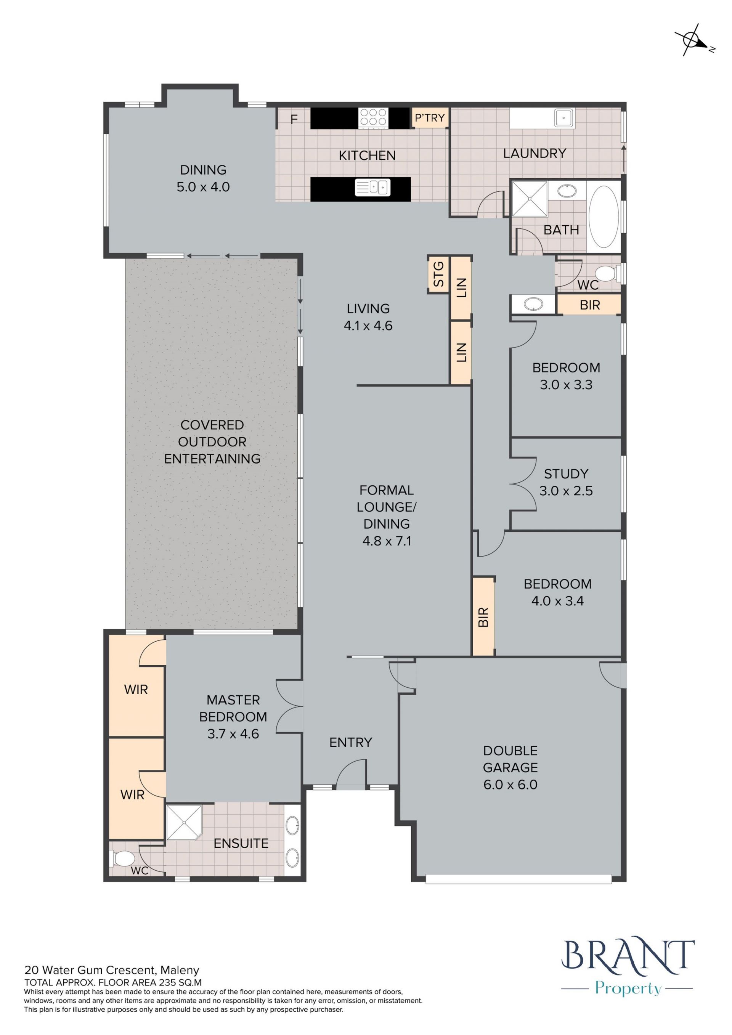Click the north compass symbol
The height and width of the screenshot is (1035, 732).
693,40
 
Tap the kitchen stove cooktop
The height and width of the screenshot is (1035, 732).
373,118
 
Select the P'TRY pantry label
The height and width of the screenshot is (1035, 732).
430,118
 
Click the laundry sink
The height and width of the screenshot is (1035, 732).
564,119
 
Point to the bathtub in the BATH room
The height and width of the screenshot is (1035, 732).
604,217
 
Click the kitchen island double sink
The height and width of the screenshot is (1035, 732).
372,187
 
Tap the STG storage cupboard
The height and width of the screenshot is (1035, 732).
438,274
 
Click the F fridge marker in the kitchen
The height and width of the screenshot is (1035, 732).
294,119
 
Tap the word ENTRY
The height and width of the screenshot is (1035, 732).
351,743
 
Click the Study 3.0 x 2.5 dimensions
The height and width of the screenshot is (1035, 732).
566,491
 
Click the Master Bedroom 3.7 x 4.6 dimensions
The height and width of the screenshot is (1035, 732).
233,734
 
